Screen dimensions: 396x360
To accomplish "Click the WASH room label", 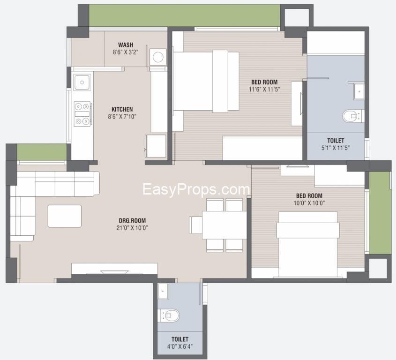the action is coord(126,45).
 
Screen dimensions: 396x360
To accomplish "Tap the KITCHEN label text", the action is coord(122,109).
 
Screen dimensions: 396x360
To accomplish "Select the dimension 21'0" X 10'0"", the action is coord(132,228).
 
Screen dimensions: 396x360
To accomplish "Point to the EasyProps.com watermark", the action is coord(196,190).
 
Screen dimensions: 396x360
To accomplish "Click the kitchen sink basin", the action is coord(82,82).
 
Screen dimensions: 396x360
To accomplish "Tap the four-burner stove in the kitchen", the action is coord(82,114).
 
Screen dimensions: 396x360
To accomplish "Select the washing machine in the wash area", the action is coord(158,57).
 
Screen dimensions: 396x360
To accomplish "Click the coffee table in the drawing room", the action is coord(65,216).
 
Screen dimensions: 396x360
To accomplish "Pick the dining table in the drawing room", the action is coord(224,225).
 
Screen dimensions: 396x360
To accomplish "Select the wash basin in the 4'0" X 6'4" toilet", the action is coord(163,291).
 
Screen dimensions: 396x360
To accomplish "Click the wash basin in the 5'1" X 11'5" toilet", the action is coord(359,91).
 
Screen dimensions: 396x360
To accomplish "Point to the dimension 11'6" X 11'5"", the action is coord(264,89).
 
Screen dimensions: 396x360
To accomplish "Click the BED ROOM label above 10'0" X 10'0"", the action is coord(309,196).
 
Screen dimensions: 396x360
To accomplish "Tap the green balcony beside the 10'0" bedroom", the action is coord(377,213).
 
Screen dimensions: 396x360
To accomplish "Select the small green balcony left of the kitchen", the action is coord(42,152).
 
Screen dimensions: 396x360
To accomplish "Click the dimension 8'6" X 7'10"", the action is coord(122,117).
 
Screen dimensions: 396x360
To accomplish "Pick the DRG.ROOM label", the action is coord(132,221).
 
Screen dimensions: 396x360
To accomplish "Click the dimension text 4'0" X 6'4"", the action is coord(180,346).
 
